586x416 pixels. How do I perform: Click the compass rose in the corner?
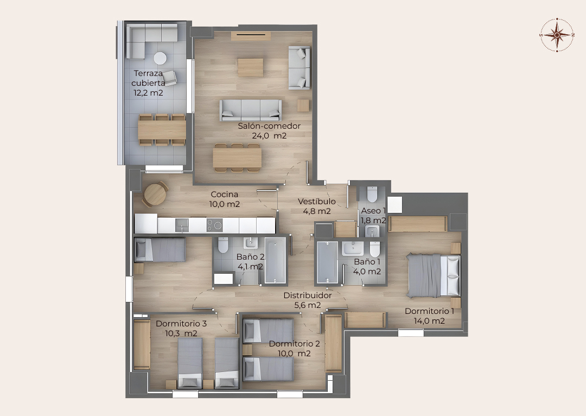click(x=557, y=35)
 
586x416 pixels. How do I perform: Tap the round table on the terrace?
click(x=160, y=58)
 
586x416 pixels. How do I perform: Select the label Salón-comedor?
click(x=269, y=126)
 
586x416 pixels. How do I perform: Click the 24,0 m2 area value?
click(x=269, y=136)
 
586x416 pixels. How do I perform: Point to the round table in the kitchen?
click(x=155, y=194)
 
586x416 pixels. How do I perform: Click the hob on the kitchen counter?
click(x=214, y=225)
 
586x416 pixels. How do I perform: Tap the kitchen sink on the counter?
click(x=182, y=225)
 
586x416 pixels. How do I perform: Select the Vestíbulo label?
click(x=316, y=201)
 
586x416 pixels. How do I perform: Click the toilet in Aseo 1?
click(x=372, y=194)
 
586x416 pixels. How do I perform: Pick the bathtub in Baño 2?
click(x=276, y=260)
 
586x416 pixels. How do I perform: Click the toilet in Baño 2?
click(x=223, y=245)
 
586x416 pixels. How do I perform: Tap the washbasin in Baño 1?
click(x=353, y=248)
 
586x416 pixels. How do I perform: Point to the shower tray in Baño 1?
click(x=327, y=262)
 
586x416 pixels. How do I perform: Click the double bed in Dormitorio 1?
click(x=433, y=275)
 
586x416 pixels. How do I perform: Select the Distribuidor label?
click(x=308, y=295)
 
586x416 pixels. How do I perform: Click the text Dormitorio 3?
click(x=181, y=324)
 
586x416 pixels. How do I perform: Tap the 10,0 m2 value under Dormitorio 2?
click(x=294, y=354)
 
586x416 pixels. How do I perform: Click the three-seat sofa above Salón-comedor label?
click(x=250, y=110)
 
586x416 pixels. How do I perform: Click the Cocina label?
click(x=224, y=194)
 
